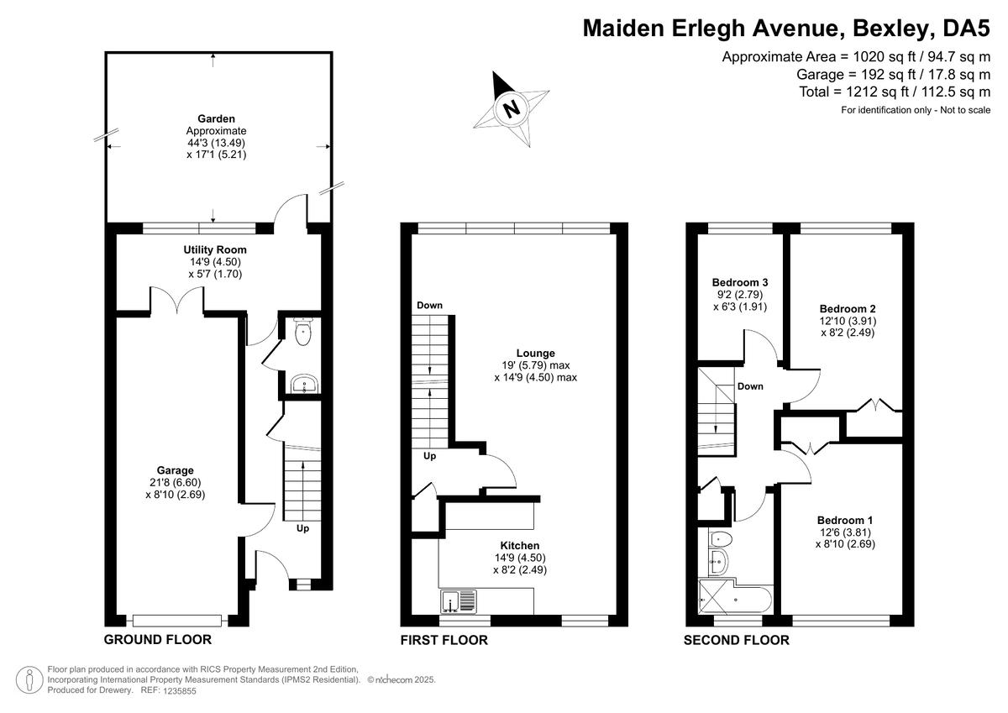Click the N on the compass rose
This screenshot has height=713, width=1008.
(x=511, y=109)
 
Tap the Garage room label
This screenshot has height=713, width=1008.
(x=175, y=470)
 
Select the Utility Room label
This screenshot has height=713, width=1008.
(x=215, y=249)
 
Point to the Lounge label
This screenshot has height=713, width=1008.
(x=536, y=353)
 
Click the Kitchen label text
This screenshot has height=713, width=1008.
(x=520, y=546)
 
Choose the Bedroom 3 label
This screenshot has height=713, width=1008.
(x=740, y=282)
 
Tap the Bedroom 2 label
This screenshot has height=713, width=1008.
(x=848, y=309)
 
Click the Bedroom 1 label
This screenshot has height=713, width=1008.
(x=845, y=521)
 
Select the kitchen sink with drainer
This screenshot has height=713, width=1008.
(x=459, y=601)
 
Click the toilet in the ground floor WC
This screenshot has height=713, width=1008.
(x=303, y=332)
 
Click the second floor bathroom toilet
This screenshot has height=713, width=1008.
(x=720, y=538)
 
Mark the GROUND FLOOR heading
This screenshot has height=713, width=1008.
(x=158, y=640)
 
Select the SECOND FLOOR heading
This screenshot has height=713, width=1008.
(x=736, y=640)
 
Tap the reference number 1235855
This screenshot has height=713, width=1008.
(x=180, y=691)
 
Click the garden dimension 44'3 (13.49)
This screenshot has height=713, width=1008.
(x=216, y=143)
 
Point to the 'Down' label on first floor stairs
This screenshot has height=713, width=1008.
(x=429, y=306)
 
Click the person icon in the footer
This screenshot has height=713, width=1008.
(x=29, y=679)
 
